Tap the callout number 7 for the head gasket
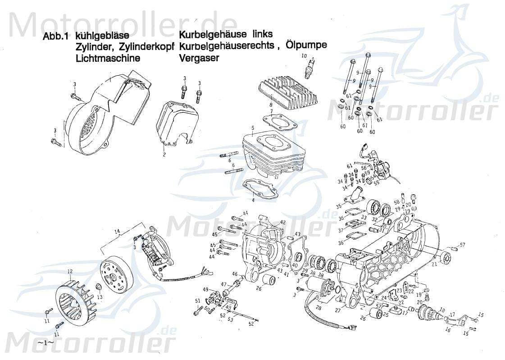tap(271, 111)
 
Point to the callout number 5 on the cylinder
tap(253, 128)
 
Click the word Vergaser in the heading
tap(199, 58)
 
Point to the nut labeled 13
tap(99, 288)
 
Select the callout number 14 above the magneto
tap(118, 232)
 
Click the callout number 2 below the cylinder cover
tap(164, 155)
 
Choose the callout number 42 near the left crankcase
tap(282, 223)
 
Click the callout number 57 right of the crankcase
tap(462, 245)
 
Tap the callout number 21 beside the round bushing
tap(434, 264)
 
